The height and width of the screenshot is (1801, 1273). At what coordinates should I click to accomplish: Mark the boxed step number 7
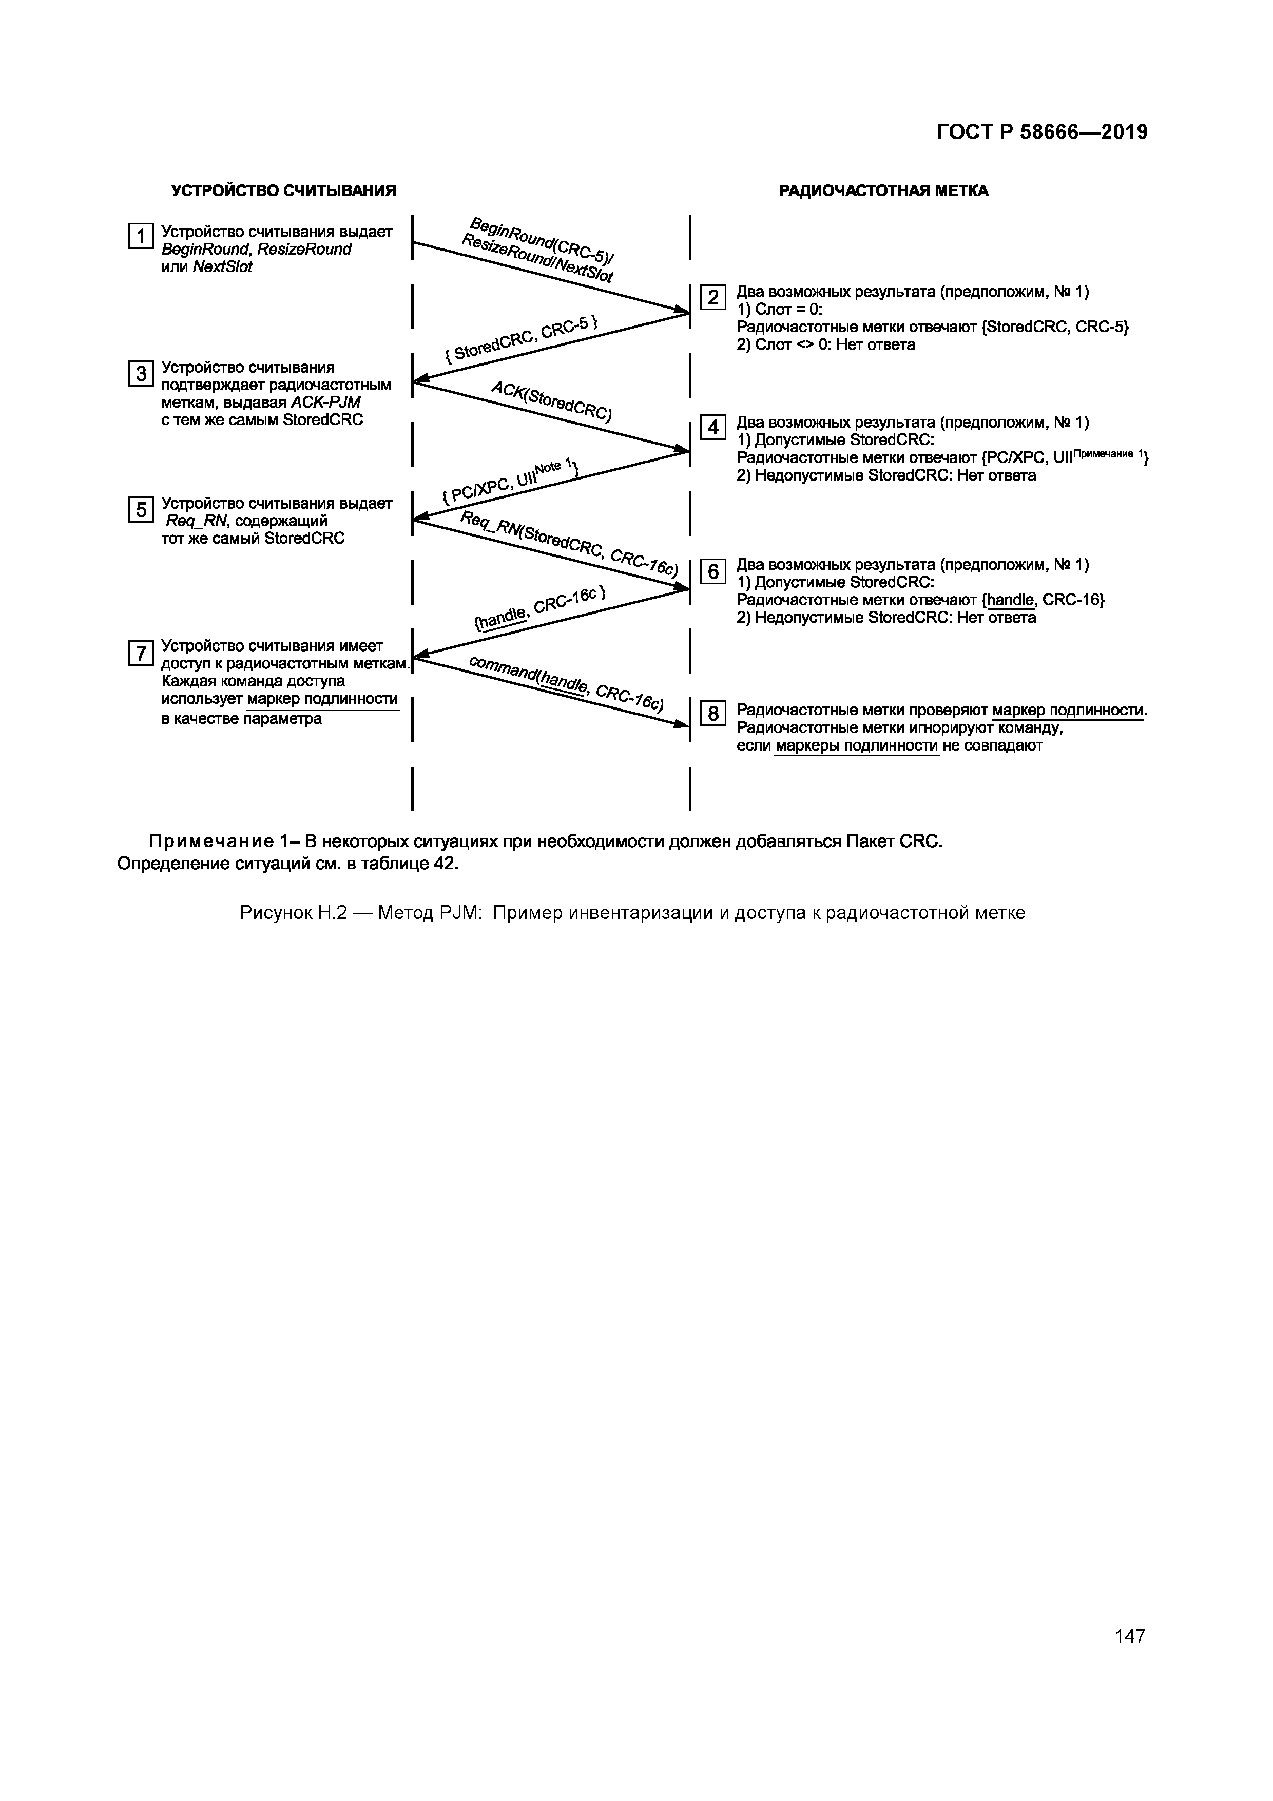pos(141,653)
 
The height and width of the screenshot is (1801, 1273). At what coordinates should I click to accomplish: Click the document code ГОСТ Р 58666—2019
pos(1041,132)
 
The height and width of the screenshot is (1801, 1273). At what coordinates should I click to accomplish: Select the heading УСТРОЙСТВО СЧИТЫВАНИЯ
pos(283,190)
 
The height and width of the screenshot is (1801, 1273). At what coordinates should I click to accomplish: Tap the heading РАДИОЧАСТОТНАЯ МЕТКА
pos(883,190)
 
